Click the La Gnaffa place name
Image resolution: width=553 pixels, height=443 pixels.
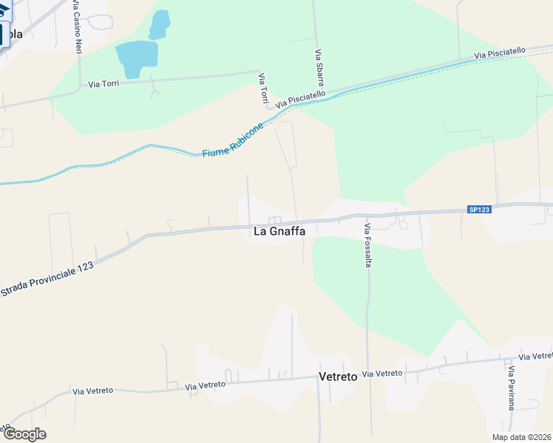pyautogui.click(x=279, y=231)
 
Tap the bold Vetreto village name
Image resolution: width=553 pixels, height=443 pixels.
pyautogui.click(x=338, y=377)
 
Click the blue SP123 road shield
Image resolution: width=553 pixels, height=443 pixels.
pyautogui.click(x=479, y=210)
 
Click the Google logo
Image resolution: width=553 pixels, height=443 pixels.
pyautogui.click(x=24, y=434)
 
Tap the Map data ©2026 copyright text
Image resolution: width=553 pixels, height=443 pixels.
pyautogui.click(x=520, y=437)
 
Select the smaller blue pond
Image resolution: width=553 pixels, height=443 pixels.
pyautogui.click(x=159, y=24)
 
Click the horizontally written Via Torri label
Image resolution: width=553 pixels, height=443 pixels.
pyautogui.click(x=104, y=84)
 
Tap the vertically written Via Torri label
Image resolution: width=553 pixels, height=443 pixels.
pyautogui.click(x=262, y=88)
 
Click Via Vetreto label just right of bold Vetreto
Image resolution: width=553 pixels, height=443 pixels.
pyautogui.click(x=382, y=374)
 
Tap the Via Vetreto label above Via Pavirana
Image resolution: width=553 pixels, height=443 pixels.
pyautogui.click(x=535, y=357)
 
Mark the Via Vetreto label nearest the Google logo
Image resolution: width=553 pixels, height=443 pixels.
pyautogui.click(x=92, y=390)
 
